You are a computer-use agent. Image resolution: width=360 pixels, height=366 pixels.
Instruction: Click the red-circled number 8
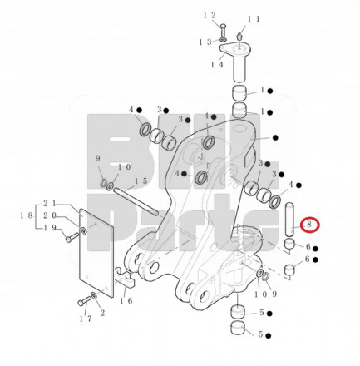[x=309, y=225]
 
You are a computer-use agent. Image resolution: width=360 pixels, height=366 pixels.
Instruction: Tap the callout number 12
[x=210, y=15]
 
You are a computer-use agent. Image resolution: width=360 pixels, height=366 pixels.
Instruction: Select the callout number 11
[x=254, y=19]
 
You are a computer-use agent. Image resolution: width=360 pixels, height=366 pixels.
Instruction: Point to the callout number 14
[x=217, y=65]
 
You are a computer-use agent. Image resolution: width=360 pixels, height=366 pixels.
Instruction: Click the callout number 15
[x=141, y=181]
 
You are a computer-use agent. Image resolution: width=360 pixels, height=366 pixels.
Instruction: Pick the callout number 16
[x=126, y=300]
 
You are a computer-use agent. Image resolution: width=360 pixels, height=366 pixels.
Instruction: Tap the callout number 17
[x=85, y=319]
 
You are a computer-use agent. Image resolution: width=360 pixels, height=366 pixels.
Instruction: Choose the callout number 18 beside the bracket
[x=27, y=215]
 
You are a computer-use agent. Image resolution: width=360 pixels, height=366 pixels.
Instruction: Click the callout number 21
[x=50, y=204]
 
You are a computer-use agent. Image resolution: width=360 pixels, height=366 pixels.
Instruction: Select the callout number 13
[x=205, y=42]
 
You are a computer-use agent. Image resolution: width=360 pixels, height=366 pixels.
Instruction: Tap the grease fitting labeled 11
[x=239, y=37]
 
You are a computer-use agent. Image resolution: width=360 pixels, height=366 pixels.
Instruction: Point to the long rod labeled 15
[x=136, y=201]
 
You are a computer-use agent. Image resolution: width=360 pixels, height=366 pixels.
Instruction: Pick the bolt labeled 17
[x=85, y=300]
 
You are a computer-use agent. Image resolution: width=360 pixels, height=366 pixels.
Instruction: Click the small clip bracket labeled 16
[x=125, y=277]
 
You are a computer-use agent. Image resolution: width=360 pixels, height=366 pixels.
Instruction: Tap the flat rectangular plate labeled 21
[x=96, y=253]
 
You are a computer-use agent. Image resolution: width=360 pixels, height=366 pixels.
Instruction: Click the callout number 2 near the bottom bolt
[x=102, y=313]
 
